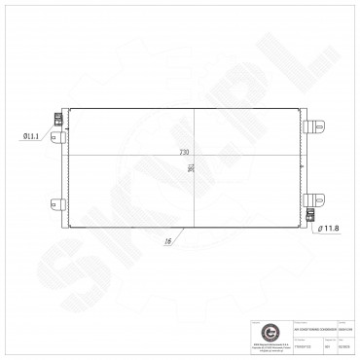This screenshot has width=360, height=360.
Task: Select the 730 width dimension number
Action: [184, 153]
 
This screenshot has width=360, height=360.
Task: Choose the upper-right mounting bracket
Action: [318, 127]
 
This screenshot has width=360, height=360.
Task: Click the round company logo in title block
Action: [242, 332]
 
